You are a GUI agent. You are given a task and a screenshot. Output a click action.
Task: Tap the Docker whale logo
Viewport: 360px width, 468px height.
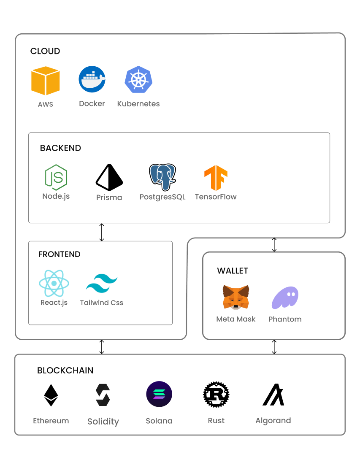click(x=92, y=79)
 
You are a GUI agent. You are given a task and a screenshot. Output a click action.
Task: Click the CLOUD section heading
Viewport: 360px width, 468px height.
click(x=45, y=51)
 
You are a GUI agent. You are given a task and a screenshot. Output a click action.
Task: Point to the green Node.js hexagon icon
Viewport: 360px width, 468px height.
click(x=56, y=177)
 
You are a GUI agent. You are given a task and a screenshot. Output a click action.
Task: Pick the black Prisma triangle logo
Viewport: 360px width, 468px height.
click(x=109, y=178)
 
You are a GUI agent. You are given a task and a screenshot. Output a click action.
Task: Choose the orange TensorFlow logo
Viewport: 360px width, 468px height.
click(x=216, y=178)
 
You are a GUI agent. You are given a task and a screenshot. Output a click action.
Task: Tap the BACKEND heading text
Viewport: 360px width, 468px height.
click(x=60, y=148)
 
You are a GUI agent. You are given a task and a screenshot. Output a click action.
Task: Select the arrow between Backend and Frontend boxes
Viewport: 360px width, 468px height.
click(x=101, y=232)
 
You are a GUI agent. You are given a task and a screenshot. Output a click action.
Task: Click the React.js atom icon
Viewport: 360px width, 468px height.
click(x=54, y=283)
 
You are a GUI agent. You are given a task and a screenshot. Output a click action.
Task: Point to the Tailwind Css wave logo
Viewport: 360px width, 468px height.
click(x=102, y=284)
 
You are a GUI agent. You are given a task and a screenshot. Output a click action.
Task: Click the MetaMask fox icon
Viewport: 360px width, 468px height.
click(x=236, y=297)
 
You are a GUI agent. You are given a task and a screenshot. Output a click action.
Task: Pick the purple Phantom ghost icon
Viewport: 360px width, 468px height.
click(x=285, y=298)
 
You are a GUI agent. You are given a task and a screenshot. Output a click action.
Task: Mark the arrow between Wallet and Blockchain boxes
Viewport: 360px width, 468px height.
click(x=274, y=346)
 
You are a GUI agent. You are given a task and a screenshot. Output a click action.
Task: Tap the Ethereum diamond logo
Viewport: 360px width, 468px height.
click(x=51, y=395)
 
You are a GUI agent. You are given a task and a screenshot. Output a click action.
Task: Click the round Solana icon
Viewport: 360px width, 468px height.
click(x=159, y=394)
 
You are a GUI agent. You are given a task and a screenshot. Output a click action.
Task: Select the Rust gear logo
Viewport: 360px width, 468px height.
click(x=216, y=395)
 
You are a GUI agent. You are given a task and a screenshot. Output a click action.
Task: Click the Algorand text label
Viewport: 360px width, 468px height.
click(x=273, y=421)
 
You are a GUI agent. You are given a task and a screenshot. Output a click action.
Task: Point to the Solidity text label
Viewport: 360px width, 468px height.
click(x=103, y=422)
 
